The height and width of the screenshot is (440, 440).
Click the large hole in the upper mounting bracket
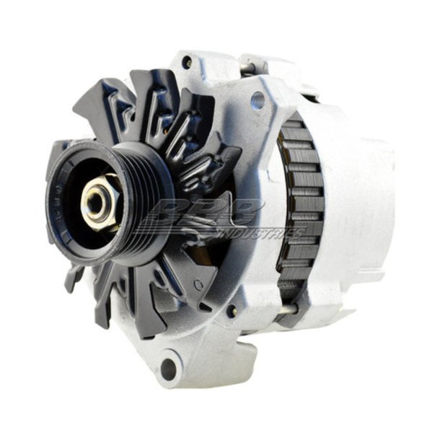[257, 102]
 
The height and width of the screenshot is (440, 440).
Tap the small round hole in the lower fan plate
[196, 286]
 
